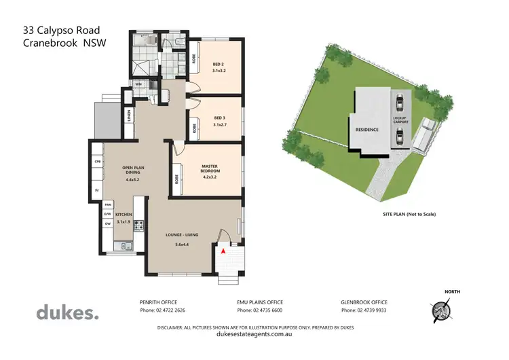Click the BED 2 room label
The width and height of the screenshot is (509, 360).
click(219, 65)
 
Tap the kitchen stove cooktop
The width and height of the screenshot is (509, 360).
click(139, 223)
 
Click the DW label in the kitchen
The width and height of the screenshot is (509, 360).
click(107, 225)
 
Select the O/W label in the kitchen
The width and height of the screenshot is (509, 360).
click(107, 214)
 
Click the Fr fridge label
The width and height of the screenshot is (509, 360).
click(96, 190)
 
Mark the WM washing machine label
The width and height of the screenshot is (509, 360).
click(138, 84)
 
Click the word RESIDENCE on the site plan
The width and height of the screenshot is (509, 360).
click(366, 128)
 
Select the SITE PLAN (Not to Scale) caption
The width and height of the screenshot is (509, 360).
click(409, 214)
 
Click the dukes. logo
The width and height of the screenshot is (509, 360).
click(67, 312)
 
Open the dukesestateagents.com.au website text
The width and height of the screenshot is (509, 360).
click(254, 334)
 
